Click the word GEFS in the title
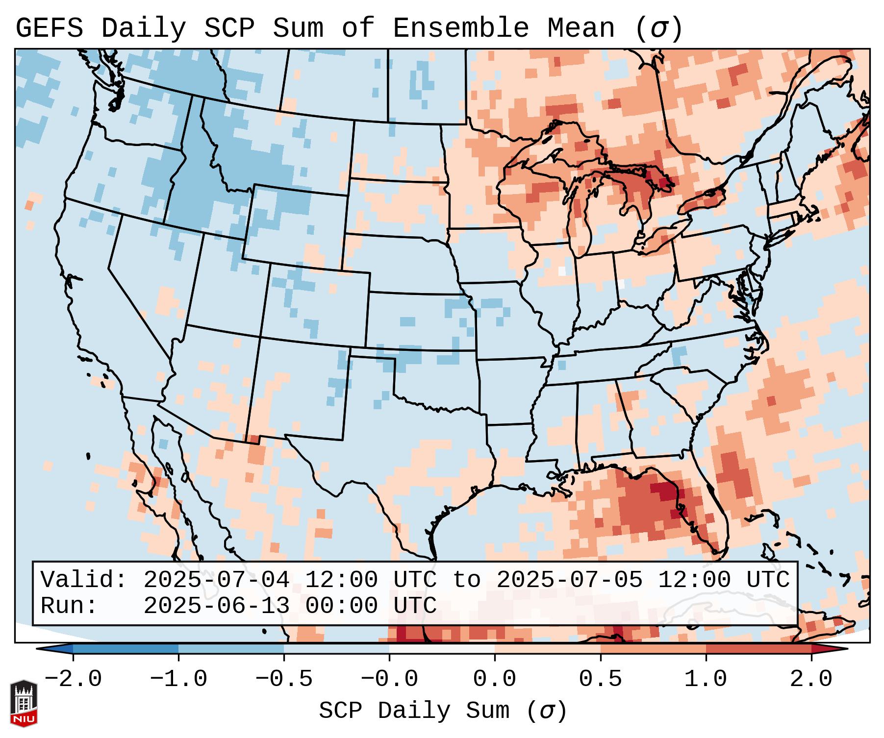(x=49, y=28)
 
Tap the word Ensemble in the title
(x=460, y=28)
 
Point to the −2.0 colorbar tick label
(x=73, y=679)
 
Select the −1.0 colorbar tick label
(x=178, y=679)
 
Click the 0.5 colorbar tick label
(x=600, y=679)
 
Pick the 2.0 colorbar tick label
(x=811, y=679)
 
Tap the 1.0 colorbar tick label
(x=706, y=679)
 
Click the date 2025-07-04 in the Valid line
(x=216, y=580)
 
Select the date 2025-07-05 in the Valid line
(x=569, y=580)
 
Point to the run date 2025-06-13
(x=216, y=606)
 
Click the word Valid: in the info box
(x=84, y=580)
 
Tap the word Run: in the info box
(x=69, y=606)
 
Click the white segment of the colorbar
(x=442, y=649)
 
